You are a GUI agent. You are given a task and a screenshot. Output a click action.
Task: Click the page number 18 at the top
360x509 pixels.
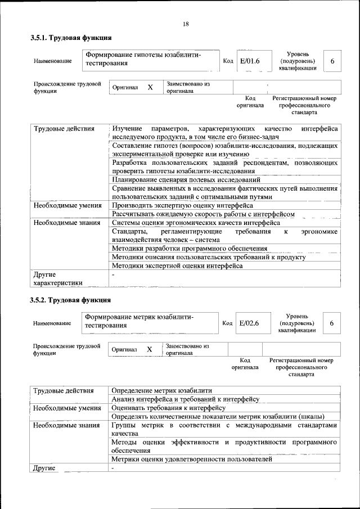[185, 24]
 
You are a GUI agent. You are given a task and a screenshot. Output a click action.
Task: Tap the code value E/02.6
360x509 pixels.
[249, 323]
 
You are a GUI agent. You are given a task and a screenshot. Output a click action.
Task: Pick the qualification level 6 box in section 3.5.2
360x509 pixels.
[332, 323]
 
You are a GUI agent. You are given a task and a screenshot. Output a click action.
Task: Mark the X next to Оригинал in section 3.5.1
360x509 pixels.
[150, 88]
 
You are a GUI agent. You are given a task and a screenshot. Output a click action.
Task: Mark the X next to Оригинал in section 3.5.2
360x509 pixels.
[150, 349]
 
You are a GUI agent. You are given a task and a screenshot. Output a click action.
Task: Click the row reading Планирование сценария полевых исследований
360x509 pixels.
[186, 180]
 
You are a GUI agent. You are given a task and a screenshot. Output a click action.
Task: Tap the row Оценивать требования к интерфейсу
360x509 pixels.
[169, 407]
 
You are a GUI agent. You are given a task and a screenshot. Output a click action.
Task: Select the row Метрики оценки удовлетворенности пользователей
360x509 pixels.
[192, 459]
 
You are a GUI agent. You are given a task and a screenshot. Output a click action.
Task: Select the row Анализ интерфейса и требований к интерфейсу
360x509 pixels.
[185, 399]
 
